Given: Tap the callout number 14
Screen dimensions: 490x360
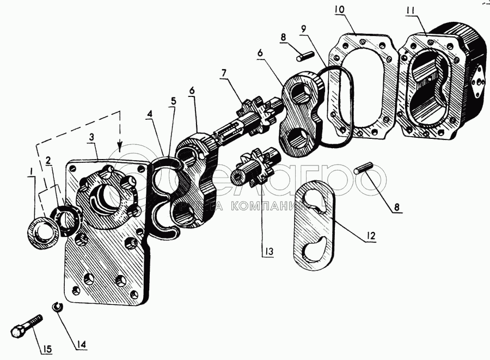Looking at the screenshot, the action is [x=81, y=344].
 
